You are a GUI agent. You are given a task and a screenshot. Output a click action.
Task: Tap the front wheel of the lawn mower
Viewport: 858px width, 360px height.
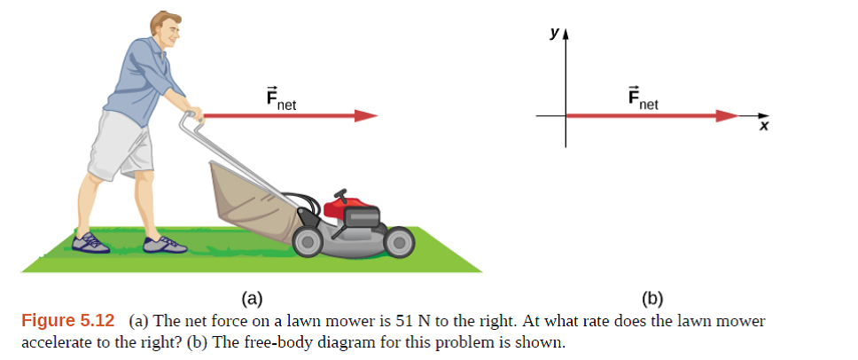pos(398,239)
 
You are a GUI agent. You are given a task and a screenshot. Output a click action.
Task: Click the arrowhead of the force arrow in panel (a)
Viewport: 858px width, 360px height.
pos(366,116)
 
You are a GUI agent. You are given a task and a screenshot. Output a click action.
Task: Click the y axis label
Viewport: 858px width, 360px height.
pos(554,34)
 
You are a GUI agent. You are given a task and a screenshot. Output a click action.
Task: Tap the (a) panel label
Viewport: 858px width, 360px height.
pos(251,298)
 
